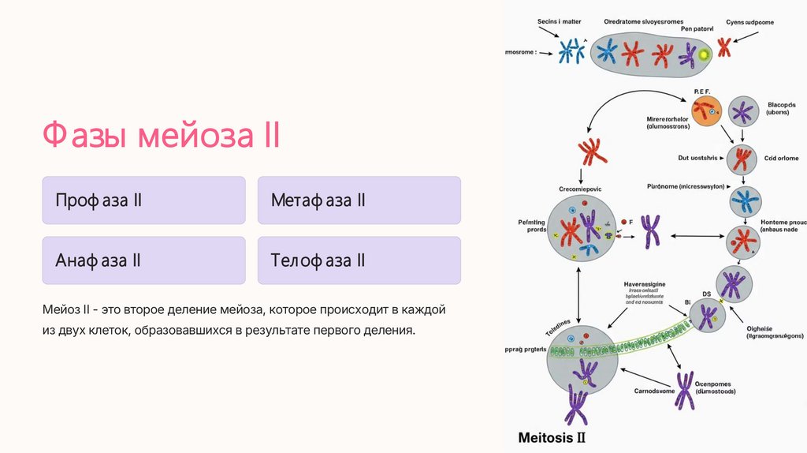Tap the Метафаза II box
coord(359,200)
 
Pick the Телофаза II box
coord(359,260)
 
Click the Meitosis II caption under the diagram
coord(551,436)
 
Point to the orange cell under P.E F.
coord(706,111)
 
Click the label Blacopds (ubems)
coord(782,109)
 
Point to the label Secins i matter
coord(560,21)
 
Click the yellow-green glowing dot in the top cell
coord(703,54)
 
